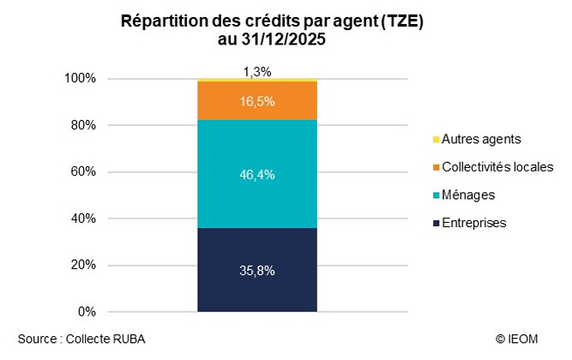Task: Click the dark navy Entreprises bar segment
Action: coord(257,270)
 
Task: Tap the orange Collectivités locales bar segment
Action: coord(257,100)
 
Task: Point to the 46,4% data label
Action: coord(257,174)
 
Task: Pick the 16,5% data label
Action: coord(257,101)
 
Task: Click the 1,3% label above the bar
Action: coord(257,71)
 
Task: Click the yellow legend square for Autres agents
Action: coord(437,139)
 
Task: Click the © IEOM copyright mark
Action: coord(516,339)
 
